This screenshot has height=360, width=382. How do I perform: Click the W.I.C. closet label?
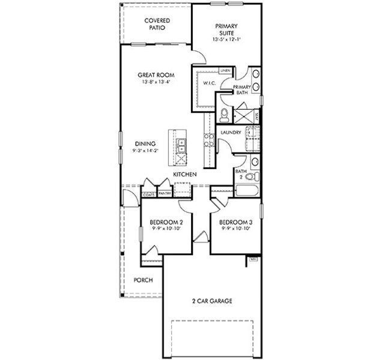click(209, 83)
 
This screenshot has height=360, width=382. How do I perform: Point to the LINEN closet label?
click(225, 71)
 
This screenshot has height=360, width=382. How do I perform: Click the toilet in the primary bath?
click(224, 113)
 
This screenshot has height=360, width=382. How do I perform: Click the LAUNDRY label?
click(231, 132)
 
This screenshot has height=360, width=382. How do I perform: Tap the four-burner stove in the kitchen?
click(209, 141)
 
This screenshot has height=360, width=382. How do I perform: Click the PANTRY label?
click(165, 193)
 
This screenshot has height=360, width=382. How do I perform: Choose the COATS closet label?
click(149, 193)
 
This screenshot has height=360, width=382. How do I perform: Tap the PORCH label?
click(143, 280)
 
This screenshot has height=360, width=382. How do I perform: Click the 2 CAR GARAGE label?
click(211, 301)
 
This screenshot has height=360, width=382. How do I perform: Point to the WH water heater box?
click(253, 259)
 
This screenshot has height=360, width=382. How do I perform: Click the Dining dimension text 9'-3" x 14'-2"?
click(146, 151)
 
